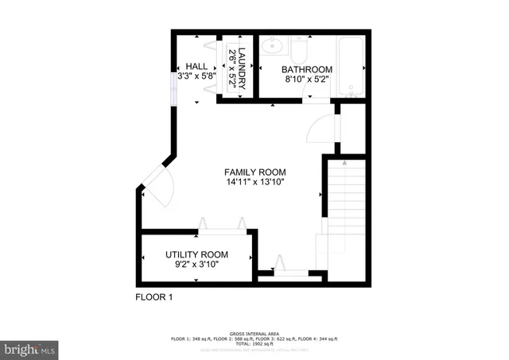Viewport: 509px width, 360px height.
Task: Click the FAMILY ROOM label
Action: tap(254, 172)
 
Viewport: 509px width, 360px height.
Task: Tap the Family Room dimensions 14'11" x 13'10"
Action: tap(254, 183)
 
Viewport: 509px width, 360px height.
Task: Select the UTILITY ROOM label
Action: tap(196, 254)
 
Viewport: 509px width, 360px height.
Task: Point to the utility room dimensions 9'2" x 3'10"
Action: tap(196, 265)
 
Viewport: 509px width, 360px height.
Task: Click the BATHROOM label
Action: tap(309, 69)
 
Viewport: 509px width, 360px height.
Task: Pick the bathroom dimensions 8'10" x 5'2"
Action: tap(309, 80)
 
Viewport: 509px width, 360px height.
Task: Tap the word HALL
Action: tap(196, 66)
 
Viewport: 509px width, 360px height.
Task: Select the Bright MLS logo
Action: tap(29, 348)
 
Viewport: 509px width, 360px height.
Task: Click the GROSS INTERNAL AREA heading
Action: tap(254, 333)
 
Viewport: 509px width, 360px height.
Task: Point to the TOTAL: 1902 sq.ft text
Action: tap(254, 344)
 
